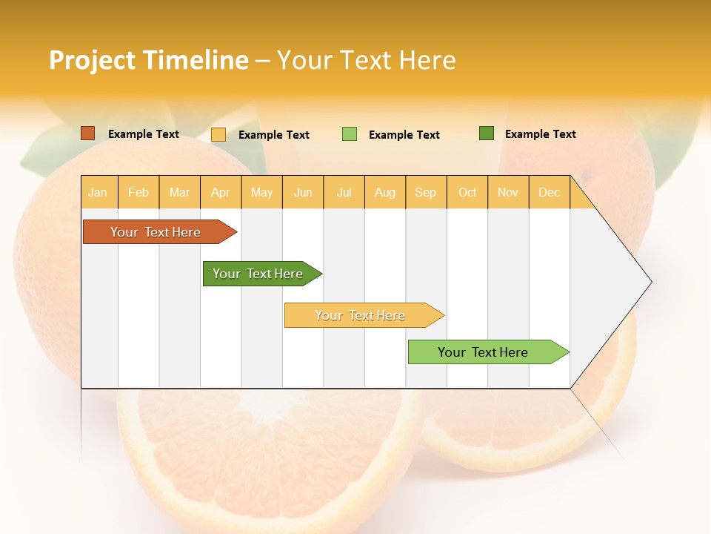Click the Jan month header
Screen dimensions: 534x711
pos(98,192)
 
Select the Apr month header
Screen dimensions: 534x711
pos(220,192)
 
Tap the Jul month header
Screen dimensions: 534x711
pos(344,192)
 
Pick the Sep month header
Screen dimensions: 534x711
pos(425,192)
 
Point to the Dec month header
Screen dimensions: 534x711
pos(549,192)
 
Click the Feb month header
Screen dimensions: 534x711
pos(138,192)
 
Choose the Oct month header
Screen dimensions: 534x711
pos(467,192)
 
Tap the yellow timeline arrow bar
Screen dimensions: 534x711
pos(361,315)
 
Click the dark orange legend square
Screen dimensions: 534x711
pos(88,133)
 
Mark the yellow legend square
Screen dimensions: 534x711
pos(218,134)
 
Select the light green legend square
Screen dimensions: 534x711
pos(350,134)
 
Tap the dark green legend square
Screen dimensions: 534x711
pos(487,133)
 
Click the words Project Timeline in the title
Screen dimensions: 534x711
pos(149,60)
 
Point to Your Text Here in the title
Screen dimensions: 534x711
pos(366,60)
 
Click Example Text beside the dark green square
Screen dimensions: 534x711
pos(540,134)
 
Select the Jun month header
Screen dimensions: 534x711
pos(303,192)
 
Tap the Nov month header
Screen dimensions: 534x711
pos(508,192)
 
